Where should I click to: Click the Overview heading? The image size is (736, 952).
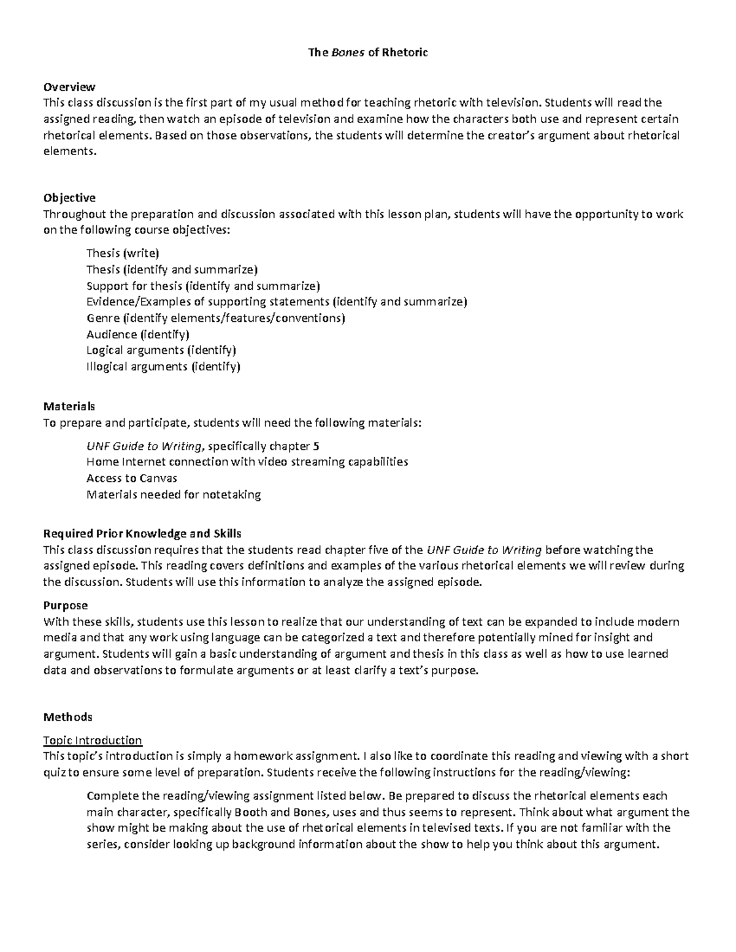[69, 87]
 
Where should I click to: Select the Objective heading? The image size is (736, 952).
[69, 197]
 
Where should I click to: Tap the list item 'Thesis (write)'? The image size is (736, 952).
[123, 253]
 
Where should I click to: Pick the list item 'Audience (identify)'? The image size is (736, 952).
[137, 334]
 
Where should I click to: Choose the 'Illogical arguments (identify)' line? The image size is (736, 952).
[163, 367]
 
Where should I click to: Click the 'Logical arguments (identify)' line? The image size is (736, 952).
[161, 350]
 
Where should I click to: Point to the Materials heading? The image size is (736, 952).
[69, 406]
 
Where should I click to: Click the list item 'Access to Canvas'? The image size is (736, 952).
[131, 478]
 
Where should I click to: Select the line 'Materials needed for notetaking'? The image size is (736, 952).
[174, 494]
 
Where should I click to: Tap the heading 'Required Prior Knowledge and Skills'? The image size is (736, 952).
[142, 533]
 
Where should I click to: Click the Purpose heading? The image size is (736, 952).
[66, 606]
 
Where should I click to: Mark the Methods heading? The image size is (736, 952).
[68, 717]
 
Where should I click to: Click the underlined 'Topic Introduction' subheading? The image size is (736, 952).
[93, 740]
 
